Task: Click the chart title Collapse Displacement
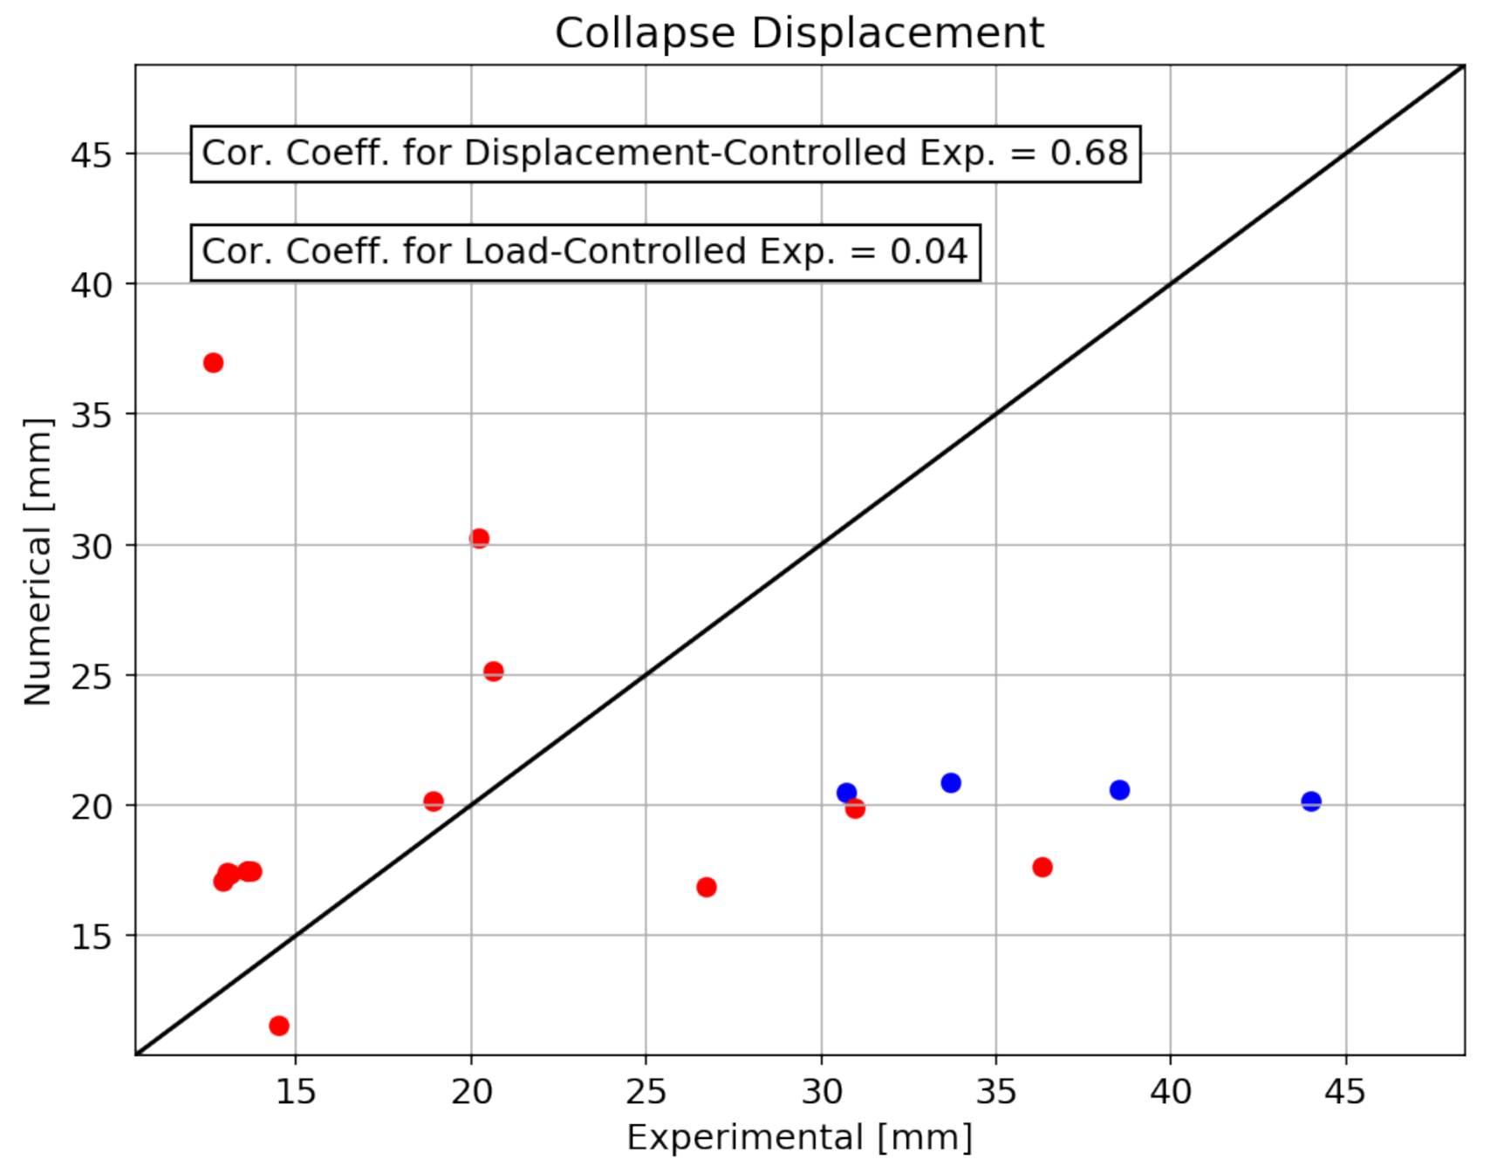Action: tap(799, 34)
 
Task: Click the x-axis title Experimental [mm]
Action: tap(799, 1137)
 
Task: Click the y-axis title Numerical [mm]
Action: tap(38, 562)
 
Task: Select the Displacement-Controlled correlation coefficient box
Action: tap(666, 153)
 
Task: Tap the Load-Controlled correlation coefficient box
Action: tap(585, 252)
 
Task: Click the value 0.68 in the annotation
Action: tap(1089, 153)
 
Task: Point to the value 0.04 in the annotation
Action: tap(928, 252)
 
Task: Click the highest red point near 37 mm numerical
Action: tap(214, 363)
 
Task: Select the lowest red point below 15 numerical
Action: tap(279, 1026)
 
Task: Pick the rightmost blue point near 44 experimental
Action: tap(1311, 801)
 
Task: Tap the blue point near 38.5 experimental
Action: tap(1119, 790)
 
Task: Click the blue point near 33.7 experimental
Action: tap(951, 783)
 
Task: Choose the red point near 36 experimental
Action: tap(1042, 867)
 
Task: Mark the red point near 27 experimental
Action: tap(707, 887)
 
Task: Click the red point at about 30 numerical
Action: tap(479, 538)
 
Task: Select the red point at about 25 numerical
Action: tap(494, 672)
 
